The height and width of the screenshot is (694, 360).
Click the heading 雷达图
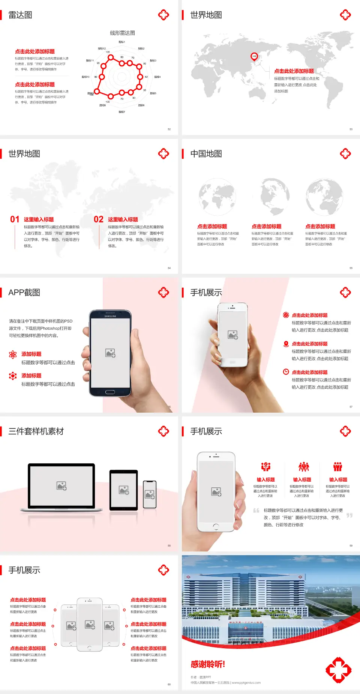pyautogui.click(x=20, y=15)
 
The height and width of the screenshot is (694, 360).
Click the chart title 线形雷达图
pyautogui.click(x=122, y=33)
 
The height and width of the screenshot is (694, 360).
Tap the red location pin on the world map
pyautogui.click(x=254, y=57)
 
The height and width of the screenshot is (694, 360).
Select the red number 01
pyautogui.click(x=15, y=219)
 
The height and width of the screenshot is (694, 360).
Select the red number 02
pyautogui.click(x=99, y=219)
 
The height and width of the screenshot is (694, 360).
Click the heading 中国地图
pyautogui.click(x=206, y=154)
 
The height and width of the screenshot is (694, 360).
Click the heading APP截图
pyautogui.click(x=24, y=293)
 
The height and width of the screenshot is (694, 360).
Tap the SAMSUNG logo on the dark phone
pyautogui.click(x=110, y=316)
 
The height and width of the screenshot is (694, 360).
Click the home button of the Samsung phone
pyautogui.click(x=110, y=392)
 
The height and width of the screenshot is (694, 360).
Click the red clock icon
pyautogui.click(x=286, y=372)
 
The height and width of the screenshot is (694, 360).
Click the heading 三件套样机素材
pyautogui.click(x=36, y=431)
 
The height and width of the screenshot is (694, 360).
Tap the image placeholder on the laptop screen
pyautogui.click(x=61, y=486)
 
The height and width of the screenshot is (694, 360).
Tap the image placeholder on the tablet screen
pyautogui.click(x=124, y=490)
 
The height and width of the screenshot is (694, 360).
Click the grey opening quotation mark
pyautogui.click(x=256, y=511)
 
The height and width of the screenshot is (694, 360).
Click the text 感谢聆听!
pyautogui.click(x=208, y=664)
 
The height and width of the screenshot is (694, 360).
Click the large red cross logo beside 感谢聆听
pyautogui.click(x=338, y=670)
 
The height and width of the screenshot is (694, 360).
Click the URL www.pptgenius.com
pyautogui.click(x=246, y=683)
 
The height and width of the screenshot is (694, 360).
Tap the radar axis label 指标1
pyautogui.click(x=122, y=42)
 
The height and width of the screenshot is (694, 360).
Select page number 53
pyautogui.click(x=351, y=129)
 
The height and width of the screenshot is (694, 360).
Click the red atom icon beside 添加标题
pyautogui.click(x=13, y=355)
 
